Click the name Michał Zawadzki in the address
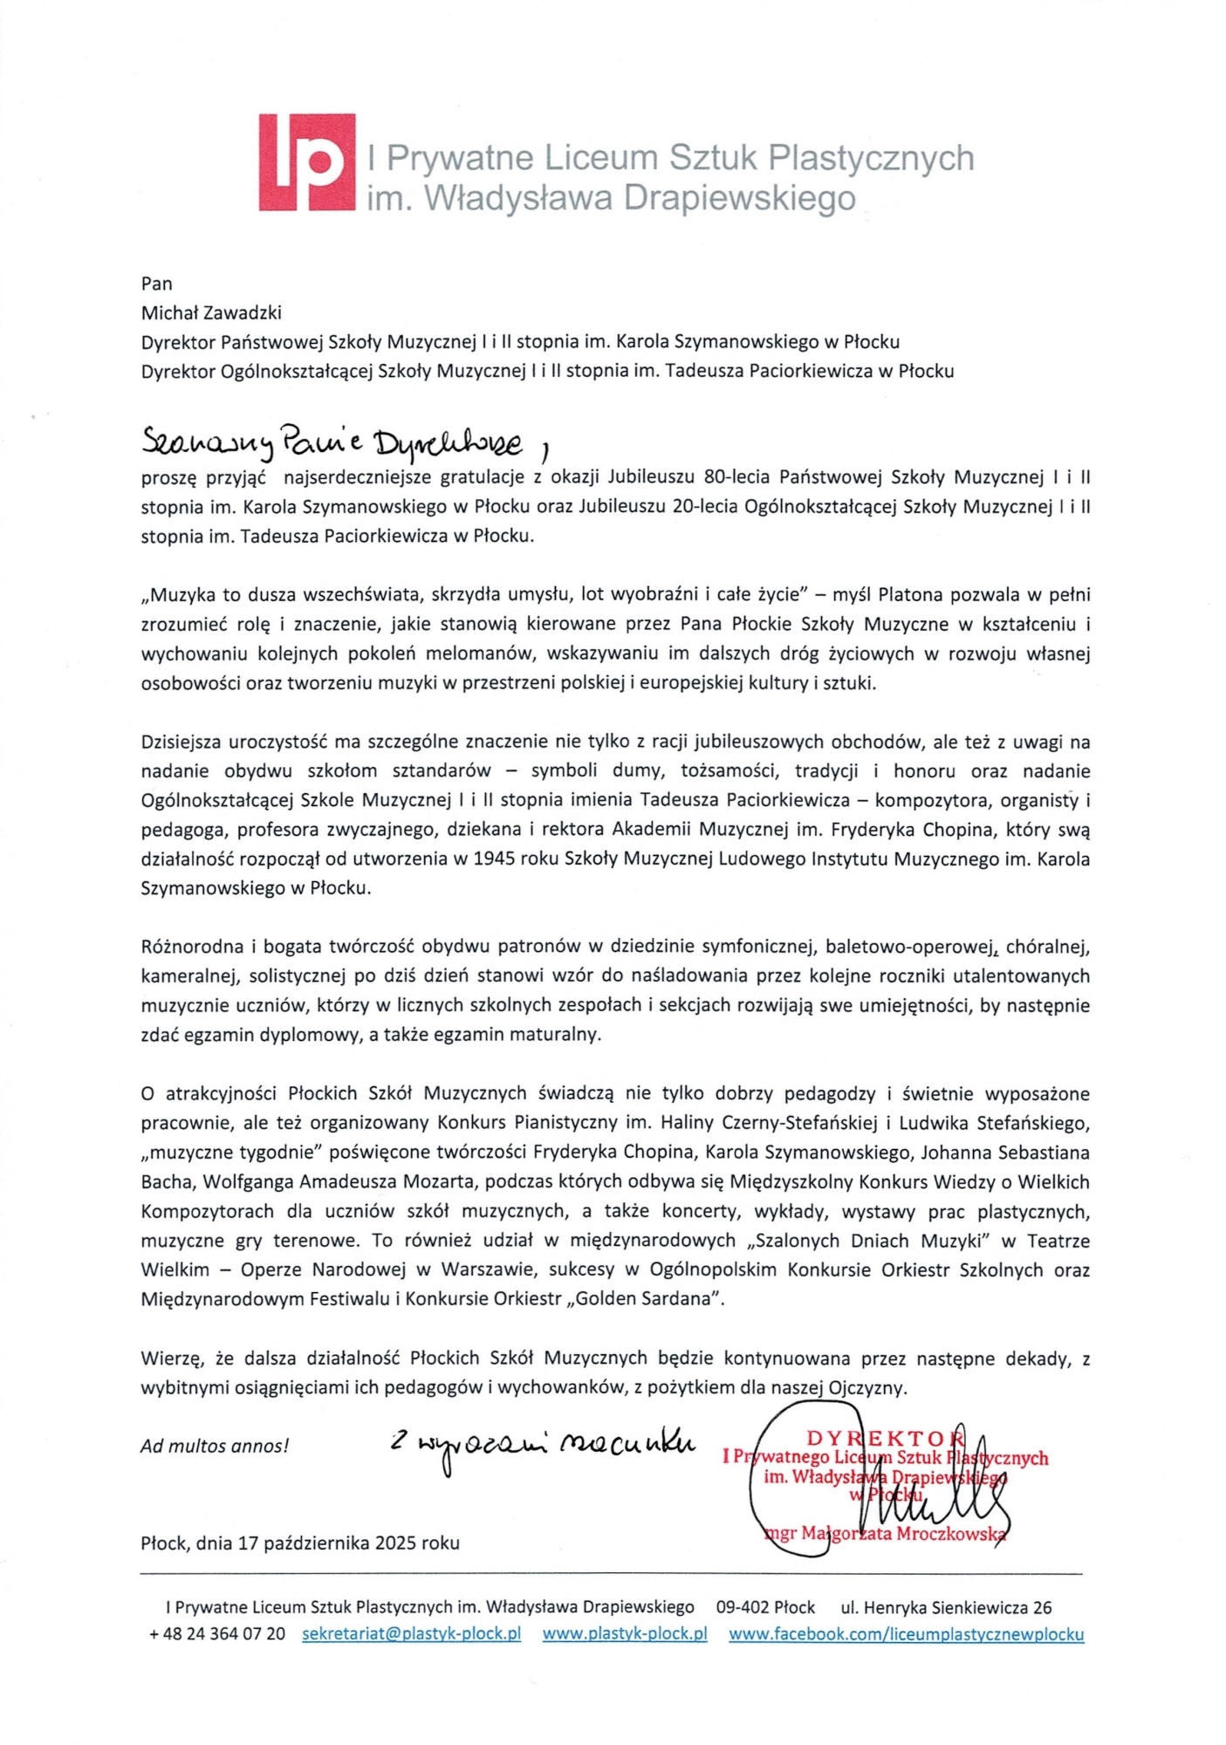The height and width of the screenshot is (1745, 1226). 211,312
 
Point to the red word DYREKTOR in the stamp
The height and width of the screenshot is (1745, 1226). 883,1438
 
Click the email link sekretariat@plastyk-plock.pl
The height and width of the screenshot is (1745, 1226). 411,1634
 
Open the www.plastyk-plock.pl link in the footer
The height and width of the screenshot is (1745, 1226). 624,1634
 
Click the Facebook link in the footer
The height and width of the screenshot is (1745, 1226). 906,1634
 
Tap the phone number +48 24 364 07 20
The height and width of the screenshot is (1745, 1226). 217,1634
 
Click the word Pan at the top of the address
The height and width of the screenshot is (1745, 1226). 157,284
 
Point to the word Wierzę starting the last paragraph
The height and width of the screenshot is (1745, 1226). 172,1358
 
